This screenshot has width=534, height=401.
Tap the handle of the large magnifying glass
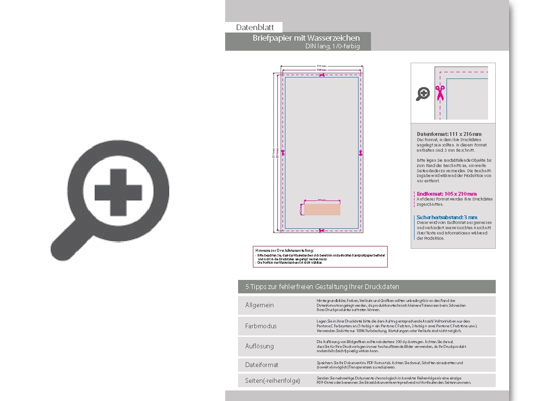click(65, 242)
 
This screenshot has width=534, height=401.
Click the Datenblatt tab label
click(255, 28)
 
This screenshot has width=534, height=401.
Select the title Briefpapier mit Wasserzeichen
click(306, 38)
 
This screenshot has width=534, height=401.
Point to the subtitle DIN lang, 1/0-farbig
click(332, 46)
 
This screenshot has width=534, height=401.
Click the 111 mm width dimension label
click(322, 66)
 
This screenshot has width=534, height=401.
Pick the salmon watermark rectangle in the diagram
click(322, 210)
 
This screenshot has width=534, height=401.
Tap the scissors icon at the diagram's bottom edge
click(321, 231)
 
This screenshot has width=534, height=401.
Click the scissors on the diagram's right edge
click(361, 153)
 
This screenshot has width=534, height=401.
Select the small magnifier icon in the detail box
click(423, 94)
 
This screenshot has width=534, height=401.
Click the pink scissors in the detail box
click(440, 92)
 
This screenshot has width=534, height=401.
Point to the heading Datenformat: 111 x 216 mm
click(449, 134)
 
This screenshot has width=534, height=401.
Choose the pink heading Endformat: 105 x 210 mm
click(447, 194)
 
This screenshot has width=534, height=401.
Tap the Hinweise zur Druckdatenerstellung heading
click(284, 250)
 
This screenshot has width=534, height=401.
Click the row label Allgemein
click(260, 305)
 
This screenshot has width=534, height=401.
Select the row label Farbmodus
click(261, 326)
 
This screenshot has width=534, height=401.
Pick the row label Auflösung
click(260, 346)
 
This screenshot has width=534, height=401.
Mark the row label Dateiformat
click(262, 365)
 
